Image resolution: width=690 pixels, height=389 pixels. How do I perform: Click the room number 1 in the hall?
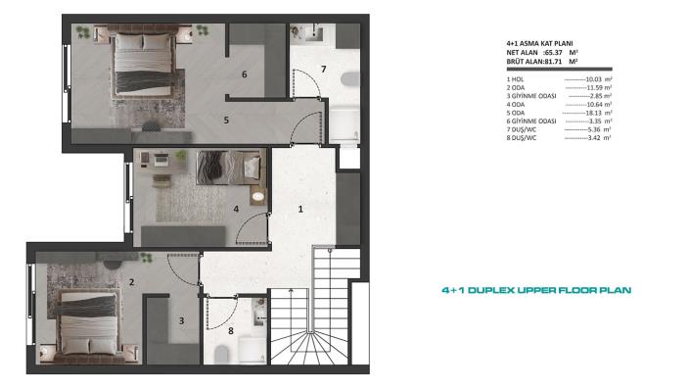click(300, 209)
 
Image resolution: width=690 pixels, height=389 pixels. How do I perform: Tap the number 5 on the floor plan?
click(226, 121)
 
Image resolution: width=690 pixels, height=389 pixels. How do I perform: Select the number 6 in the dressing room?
click(245, 73)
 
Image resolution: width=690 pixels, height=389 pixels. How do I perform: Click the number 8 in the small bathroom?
click(230, 331)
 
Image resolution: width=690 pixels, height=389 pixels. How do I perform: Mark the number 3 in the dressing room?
click(180, 320)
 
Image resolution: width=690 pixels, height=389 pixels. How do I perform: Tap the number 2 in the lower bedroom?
click(131, 283)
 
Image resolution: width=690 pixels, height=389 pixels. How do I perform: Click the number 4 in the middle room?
click(236, 208)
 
